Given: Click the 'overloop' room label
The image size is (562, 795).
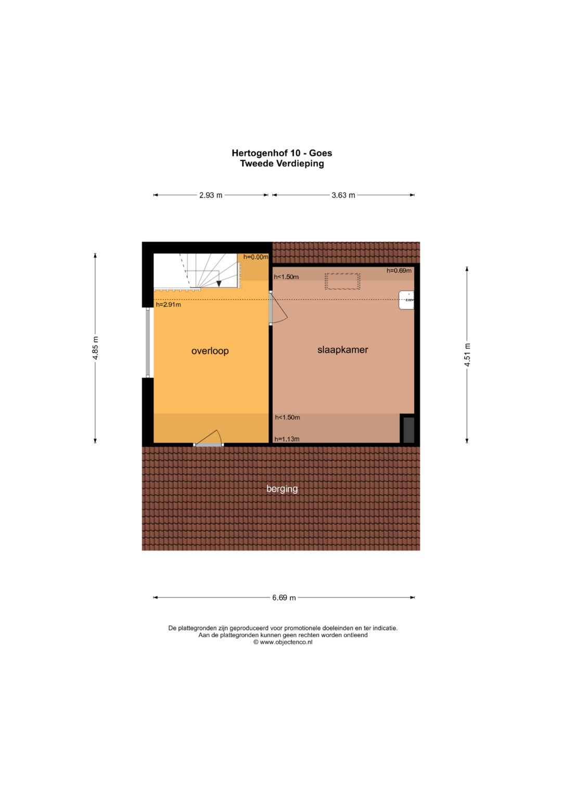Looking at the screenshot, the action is point(210,351).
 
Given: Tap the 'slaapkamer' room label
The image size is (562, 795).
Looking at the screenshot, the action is point(342,350).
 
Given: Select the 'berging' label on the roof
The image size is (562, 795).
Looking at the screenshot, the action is point(282,489).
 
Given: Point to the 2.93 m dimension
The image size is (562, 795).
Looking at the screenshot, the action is point(211,195).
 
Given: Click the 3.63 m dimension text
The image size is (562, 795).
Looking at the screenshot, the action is point(343,195).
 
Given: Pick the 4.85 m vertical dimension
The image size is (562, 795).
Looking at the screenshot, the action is point(95,348).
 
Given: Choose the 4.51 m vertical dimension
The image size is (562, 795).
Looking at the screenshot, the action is point(467,355).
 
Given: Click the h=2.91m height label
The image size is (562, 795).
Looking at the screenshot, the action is point(168,305).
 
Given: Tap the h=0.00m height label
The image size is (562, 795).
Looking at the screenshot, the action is point(256,257).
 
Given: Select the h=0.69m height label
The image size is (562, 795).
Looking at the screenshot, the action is point(399,270).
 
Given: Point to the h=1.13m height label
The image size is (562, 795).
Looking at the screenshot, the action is point(287,439).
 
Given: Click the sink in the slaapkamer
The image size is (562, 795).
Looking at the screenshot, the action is point(406,300).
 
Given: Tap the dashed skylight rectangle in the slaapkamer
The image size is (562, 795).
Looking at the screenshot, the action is point(342,282).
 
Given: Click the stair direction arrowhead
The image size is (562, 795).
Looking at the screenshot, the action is point(219,284).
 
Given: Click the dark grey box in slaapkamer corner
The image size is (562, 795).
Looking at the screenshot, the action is point(408,430).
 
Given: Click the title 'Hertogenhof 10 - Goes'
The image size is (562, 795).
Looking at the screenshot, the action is point(282,153).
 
